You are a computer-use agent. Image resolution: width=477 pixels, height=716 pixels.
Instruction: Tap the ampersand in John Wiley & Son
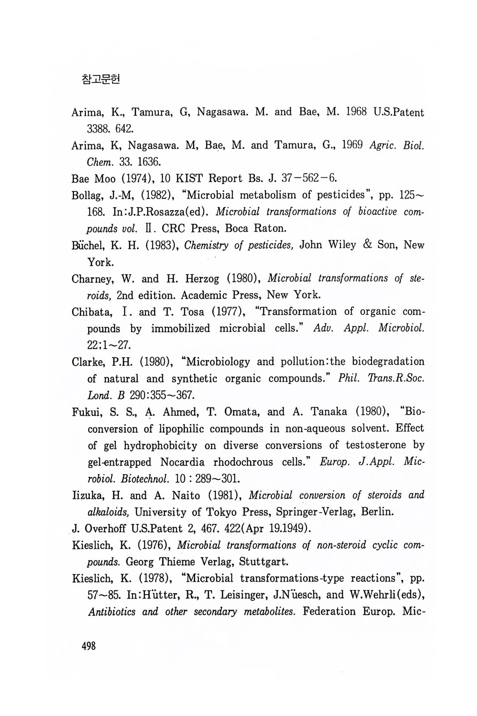[368, 245]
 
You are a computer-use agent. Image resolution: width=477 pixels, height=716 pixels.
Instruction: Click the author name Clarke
[86, 362]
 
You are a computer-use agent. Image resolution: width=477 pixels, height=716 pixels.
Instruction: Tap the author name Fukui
[84, 412]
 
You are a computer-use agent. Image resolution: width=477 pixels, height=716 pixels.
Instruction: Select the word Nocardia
[182, 462]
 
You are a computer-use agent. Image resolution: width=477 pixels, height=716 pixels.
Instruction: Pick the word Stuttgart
[268, 562]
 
